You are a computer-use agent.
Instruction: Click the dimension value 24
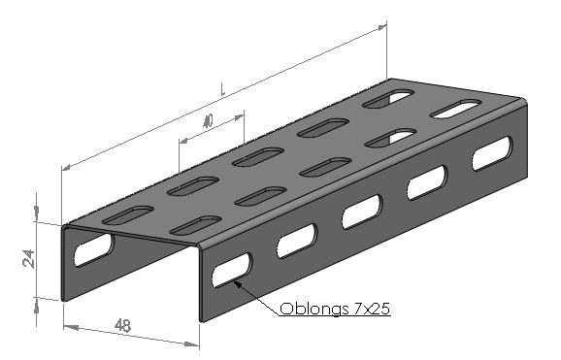pyautogui.click(x=28, y=259)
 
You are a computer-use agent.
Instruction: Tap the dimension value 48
pyautogui.click(x=122, y=326)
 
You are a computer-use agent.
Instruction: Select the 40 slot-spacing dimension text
pyautogui.click(x=208, y=121)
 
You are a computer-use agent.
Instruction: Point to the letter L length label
pyautogui.click(x=222, y=89)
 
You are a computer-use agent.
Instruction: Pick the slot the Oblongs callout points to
pyautogui.click(x=232, y=270)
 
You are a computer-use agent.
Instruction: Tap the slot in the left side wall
pyautogui.click(x=93, y=249)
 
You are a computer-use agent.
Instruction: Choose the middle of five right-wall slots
pyautogui.click(x=362, y=212)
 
